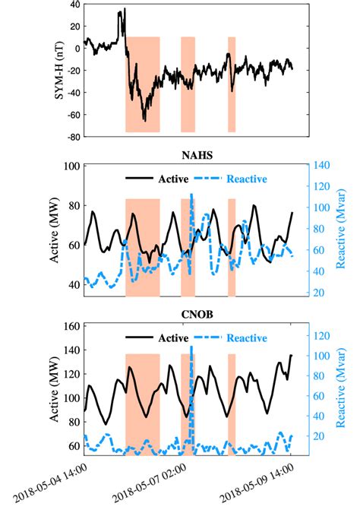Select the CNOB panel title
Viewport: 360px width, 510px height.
point(197,314)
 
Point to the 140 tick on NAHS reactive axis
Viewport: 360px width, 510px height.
point(322,165)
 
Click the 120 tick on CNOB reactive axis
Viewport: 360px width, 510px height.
point(322,334)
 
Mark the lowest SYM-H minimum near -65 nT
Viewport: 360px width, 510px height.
point(144,120)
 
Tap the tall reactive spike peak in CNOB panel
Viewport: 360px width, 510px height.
point(191,347)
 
